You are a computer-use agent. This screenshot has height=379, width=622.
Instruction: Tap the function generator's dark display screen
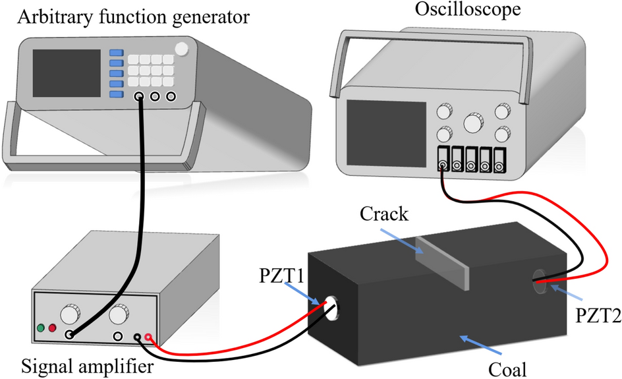[x=66, y=71]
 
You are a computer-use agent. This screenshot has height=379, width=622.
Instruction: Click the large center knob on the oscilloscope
[x=473, y=123]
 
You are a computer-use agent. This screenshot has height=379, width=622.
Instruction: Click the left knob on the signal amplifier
[x=68, y=313]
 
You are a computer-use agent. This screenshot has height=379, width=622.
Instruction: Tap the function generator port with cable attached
[x=140, y=97]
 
